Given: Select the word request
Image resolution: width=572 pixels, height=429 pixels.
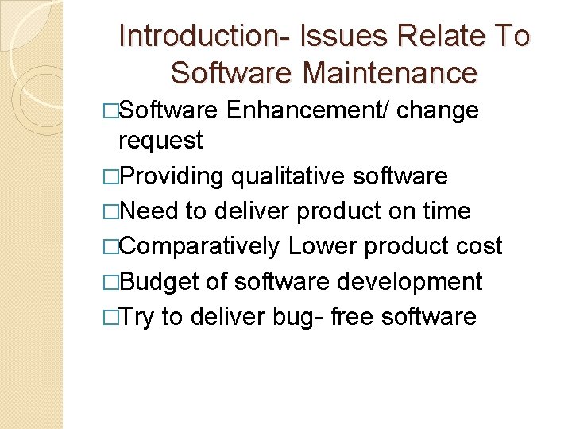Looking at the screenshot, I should [x=160, y=141].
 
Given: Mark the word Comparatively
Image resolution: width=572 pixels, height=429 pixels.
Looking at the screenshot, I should [x=199, y=246].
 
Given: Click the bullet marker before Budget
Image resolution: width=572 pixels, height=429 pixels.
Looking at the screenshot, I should [x=112, y=282].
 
